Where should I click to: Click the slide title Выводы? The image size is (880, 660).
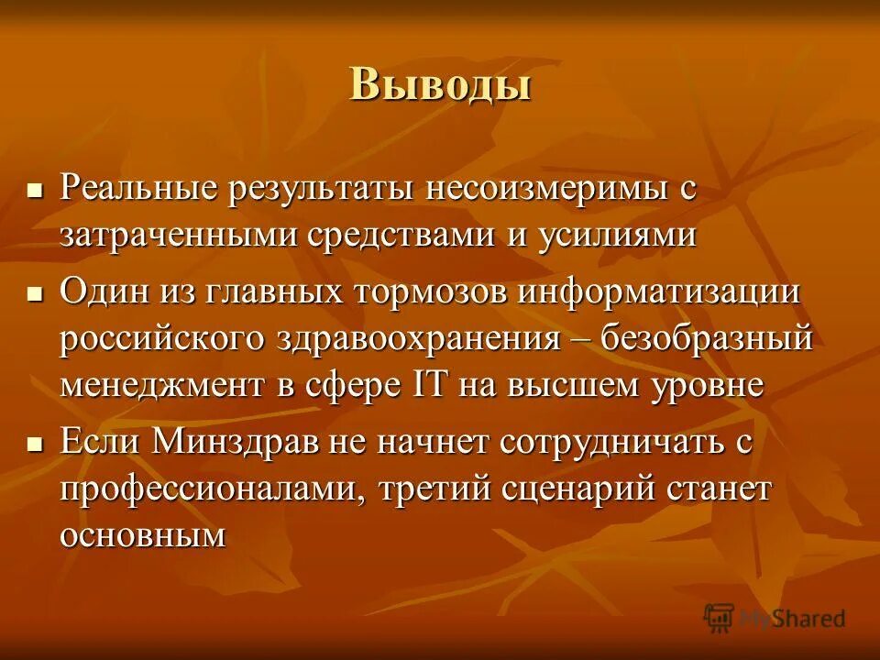(x=440, y=84)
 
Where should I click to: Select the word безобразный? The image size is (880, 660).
(x=708, y=338)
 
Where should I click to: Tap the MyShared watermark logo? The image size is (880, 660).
(x=775, y=618)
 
